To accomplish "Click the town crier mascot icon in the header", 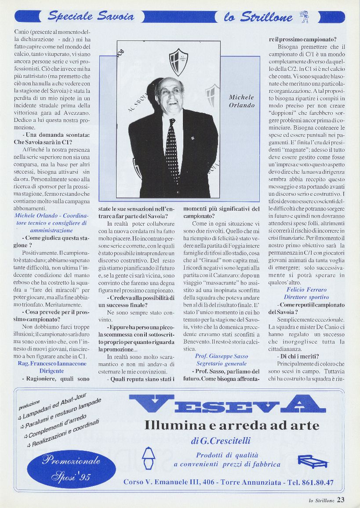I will [x=304, y=17].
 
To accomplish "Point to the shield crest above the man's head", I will [x=178, y=61].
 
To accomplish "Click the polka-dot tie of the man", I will [x=172, y=150].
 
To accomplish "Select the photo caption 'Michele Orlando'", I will [x=241, y=101].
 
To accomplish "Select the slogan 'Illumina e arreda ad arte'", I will [x=232, y=425].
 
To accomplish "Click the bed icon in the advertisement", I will [x=313, y=460].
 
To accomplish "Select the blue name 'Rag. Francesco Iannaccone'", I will [x=52, y=364].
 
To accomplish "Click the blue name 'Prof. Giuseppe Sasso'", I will [x=222, y=356].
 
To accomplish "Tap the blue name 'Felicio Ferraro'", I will [x=306, y=290].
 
